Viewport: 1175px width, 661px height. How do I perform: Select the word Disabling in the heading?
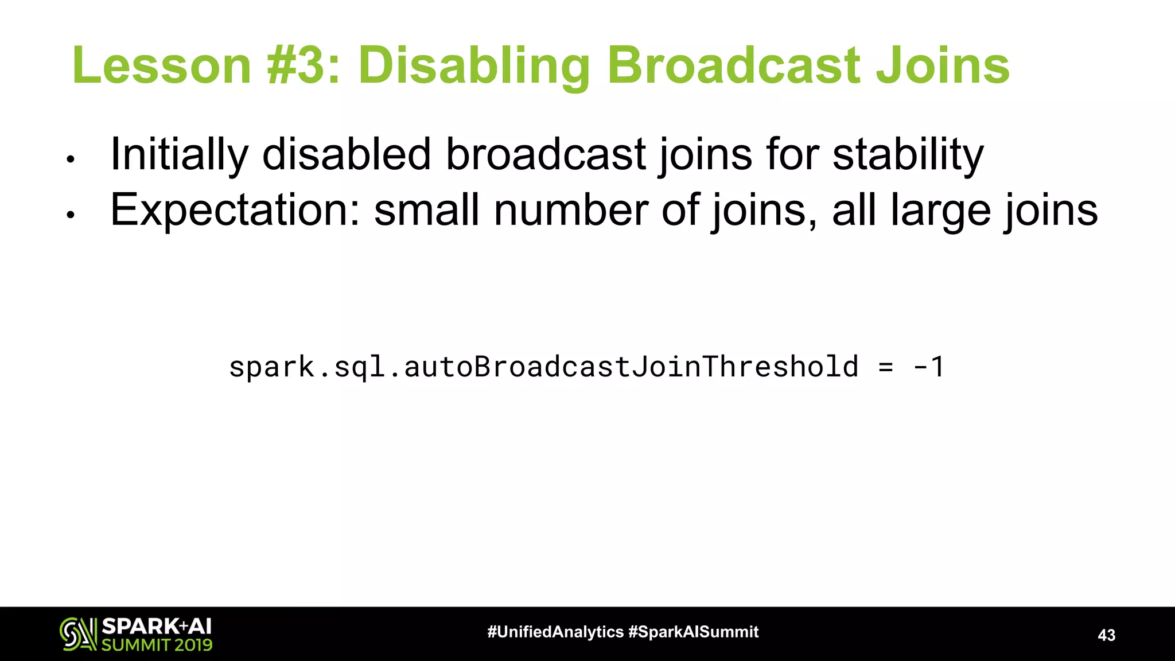(474, 67)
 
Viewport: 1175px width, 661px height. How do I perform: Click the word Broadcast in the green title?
(734, 65)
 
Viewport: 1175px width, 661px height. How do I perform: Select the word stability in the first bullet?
(908, 155)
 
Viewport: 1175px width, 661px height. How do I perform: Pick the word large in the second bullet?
(940, 211)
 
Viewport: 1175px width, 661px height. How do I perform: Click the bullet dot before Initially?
(71, 160)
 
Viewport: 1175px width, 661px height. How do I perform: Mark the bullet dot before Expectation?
(71, 216)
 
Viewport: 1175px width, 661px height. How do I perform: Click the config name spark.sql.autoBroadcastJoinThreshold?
(543, 367)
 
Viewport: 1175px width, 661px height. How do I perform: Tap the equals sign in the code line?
(886, 367)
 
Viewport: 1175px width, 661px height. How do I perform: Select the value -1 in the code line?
(929, 367)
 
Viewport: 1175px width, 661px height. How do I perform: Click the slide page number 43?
(1106, 635)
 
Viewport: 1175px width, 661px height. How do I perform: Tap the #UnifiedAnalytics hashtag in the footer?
(555, 632)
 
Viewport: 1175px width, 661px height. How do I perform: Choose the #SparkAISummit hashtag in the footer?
(694, 632)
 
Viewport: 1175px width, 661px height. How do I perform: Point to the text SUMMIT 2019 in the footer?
(157, 644)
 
